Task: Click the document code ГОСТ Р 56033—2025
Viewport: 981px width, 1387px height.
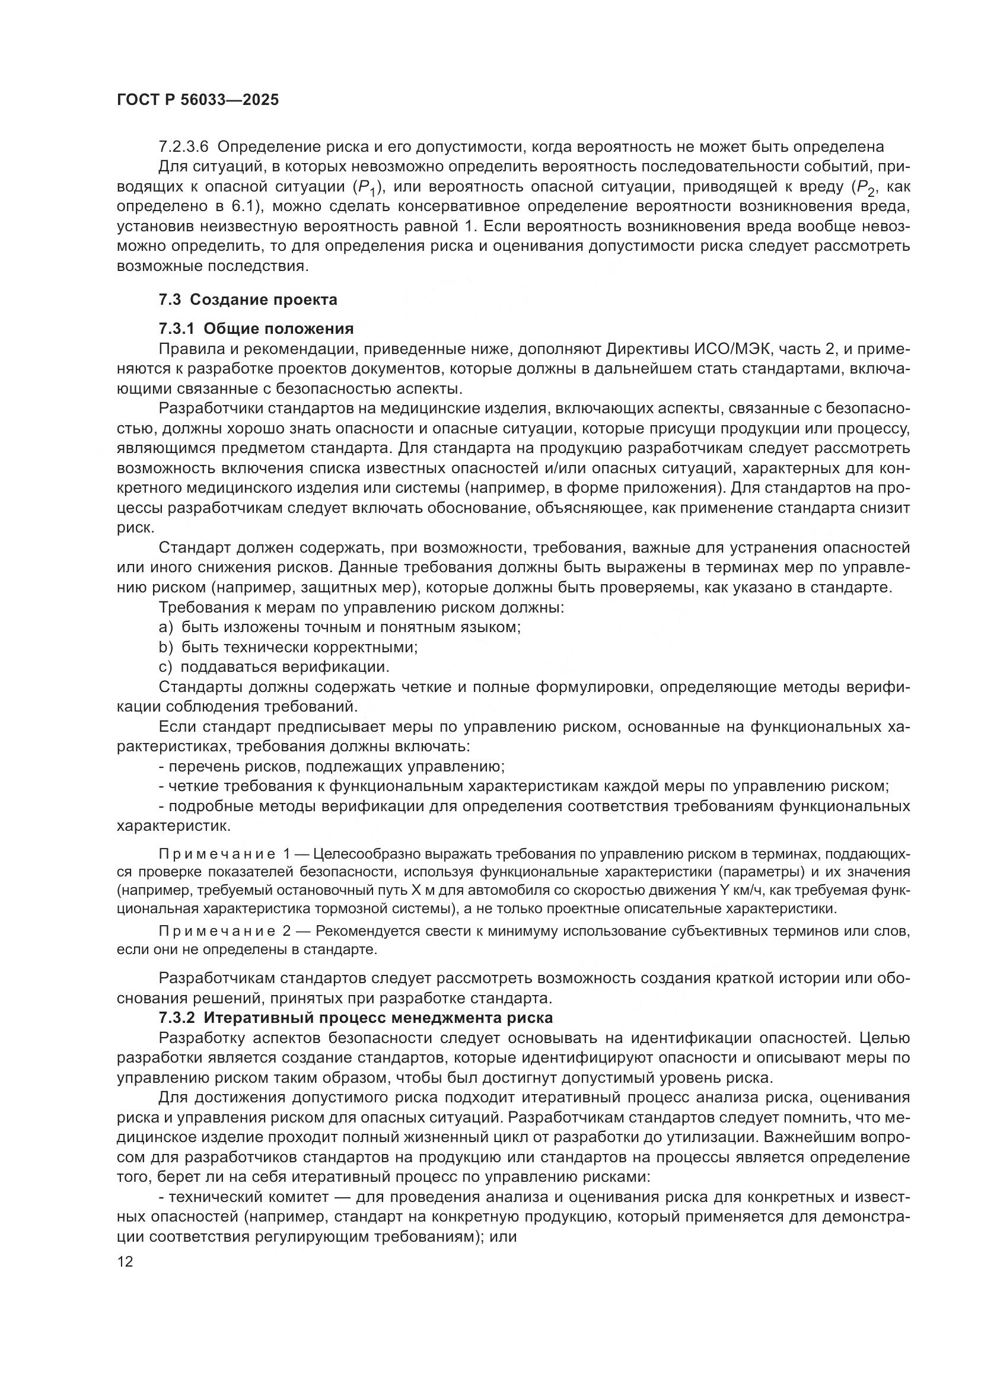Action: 198,100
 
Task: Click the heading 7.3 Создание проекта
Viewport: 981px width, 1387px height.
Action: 248,299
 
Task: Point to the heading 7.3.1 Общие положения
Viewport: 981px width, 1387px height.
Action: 256,329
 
